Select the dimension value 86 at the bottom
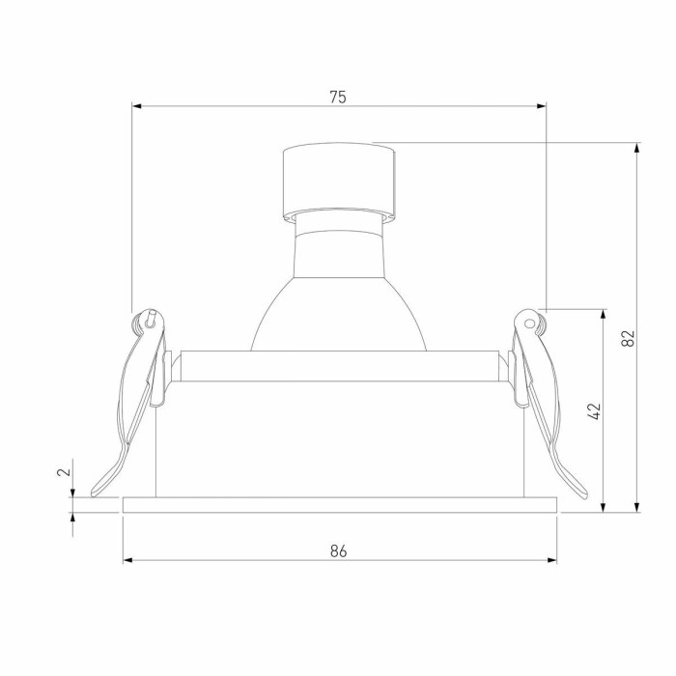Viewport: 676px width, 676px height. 338,550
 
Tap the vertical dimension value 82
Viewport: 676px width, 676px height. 628,338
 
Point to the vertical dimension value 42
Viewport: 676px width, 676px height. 595,411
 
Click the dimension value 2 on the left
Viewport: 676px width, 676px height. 63,472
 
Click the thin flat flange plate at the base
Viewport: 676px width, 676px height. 340,504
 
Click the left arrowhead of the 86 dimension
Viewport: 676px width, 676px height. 127,559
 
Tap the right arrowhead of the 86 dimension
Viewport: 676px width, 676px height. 553,559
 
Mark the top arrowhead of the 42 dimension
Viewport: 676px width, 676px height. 605,314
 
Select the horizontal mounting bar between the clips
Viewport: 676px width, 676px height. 338,365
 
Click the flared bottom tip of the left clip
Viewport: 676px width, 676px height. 99,487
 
